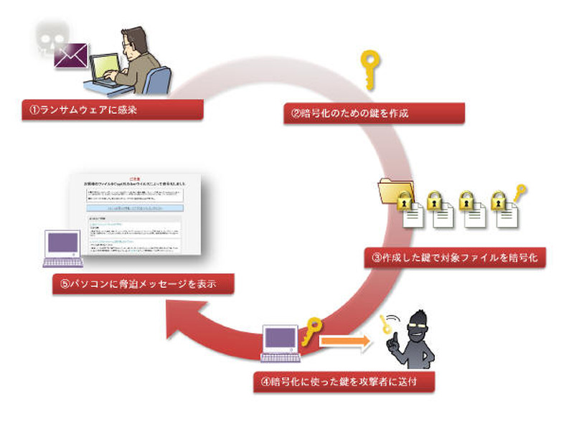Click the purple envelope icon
(x=71, y=54)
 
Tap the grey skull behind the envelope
(x=50, y=36)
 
